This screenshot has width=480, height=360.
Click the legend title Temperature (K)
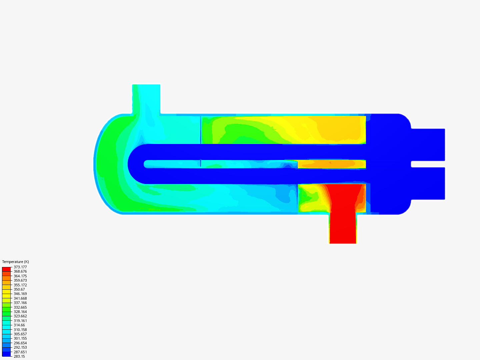pos(15,262)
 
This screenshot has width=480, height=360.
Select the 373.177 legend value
pos(20,267)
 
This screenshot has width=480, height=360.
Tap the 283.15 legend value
pos(19,356)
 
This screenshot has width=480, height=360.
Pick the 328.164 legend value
pos(20,312)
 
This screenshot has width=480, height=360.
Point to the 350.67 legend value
pos(19,289)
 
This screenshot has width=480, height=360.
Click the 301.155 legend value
pos(20,338)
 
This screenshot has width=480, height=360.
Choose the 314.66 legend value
pos(19,325)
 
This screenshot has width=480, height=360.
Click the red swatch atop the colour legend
pos(6,269)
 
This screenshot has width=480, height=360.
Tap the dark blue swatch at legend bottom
pos(6,354)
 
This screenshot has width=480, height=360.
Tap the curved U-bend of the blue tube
pos(135,164)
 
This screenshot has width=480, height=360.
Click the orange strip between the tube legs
pos(332,164)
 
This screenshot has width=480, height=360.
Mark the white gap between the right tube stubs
pos(428,164)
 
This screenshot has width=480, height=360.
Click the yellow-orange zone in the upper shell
pos(337,130)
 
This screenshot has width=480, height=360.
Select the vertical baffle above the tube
pos(201,130)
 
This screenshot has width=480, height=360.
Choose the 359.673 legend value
pos(20,280)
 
